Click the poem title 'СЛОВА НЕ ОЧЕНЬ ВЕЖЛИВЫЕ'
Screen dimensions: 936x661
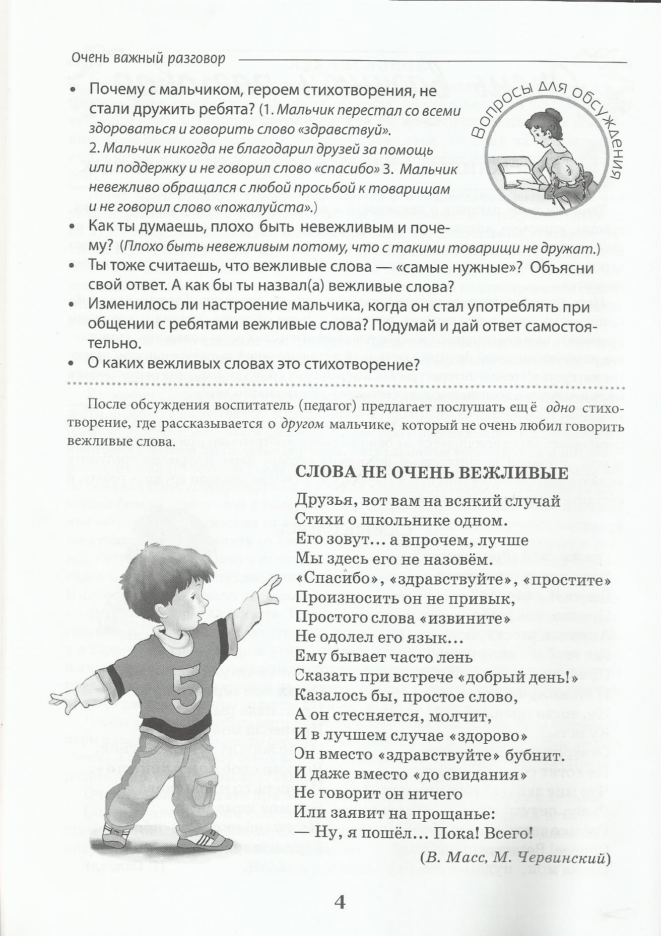(431, 473)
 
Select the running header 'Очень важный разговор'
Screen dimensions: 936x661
(148, 59)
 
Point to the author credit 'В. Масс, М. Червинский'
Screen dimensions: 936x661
(515, 858)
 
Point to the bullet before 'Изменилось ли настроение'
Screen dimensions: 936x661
(72, 305)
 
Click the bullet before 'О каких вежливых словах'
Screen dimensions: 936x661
(72, 363)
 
